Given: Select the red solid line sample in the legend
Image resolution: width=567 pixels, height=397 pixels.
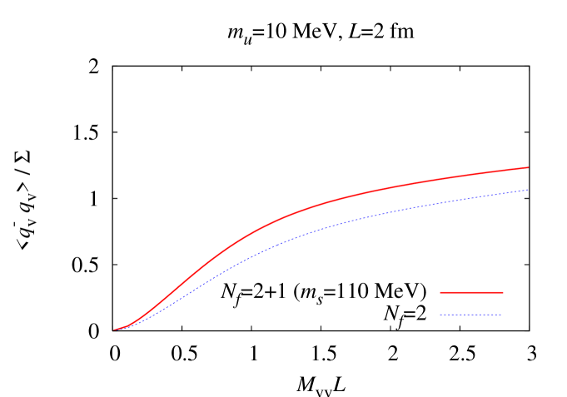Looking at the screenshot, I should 471,292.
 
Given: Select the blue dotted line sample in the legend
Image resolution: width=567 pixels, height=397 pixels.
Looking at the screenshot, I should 470,315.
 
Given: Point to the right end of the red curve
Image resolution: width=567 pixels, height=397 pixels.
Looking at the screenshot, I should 528,167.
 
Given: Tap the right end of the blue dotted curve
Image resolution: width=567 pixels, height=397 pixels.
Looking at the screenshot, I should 528,190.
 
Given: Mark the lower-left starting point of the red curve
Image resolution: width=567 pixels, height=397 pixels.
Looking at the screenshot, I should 115,330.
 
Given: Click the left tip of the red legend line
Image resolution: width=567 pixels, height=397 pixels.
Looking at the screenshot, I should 440,292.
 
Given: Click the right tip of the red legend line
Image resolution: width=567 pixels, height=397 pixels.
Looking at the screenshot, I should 503,292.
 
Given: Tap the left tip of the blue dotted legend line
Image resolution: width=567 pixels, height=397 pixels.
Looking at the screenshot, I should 440,315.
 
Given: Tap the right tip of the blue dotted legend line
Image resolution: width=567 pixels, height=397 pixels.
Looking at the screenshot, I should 500,315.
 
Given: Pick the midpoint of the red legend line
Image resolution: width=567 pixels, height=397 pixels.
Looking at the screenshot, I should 471,292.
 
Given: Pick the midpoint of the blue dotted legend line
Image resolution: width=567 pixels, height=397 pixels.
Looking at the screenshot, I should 470,315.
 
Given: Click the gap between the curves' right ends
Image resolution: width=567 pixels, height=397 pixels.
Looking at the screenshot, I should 528,179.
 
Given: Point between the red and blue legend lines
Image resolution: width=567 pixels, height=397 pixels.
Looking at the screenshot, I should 471,304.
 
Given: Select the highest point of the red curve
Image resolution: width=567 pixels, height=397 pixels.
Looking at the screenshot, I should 527,167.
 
